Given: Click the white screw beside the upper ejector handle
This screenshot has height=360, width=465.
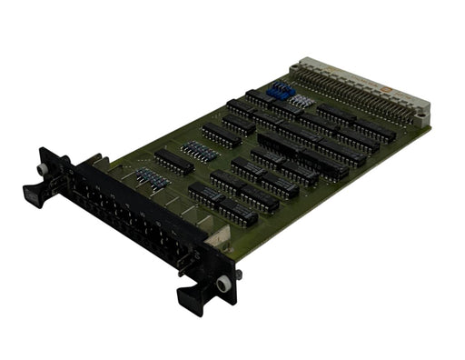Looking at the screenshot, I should (42, 170).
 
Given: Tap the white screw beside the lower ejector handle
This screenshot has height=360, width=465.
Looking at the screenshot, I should (223, 285).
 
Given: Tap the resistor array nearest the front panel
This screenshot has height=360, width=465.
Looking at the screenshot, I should (152, 180).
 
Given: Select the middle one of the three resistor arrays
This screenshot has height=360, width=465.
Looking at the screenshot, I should (199, 151).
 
